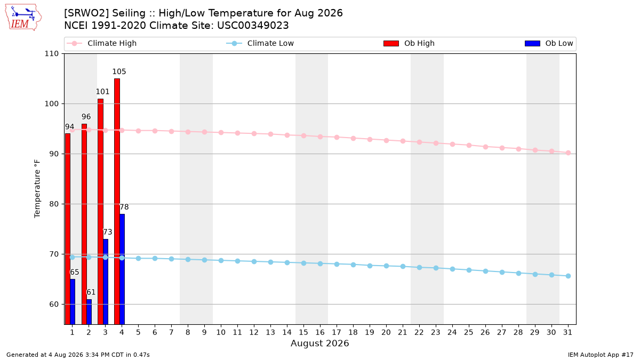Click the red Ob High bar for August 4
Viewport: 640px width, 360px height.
(117, 202)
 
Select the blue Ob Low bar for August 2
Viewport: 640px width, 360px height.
(89, 311)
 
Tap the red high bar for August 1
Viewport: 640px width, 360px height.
(68, 229)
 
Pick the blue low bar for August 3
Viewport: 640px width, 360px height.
(106, 282)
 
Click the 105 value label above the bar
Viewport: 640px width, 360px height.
(119, 71)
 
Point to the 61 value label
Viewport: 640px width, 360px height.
(91, 292)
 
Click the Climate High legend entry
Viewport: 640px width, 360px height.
(102, 43)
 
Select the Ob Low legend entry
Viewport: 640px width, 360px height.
(549, 43)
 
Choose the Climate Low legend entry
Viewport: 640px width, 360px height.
(260, 43)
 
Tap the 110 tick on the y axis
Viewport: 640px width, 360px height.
(51, 54)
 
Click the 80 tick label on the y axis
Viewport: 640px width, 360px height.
(54, 204)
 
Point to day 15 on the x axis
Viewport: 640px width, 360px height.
(303, 332)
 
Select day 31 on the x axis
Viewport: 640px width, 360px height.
(567, 332)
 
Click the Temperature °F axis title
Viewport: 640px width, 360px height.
(37, 189)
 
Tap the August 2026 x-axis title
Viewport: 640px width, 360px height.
(319, 343)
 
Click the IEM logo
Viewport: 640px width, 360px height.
(23, 18)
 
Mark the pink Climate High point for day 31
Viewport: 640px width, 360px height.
(569, 153)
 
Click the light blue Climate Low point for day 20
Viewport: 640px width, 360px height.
(386, 266)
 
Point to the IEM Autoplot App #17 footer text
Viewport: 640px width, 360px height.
(601, 355)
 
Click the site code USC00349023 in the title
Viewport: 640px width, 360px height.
(253, 26)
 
